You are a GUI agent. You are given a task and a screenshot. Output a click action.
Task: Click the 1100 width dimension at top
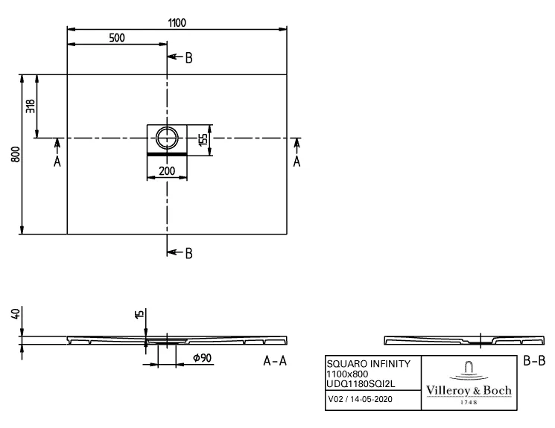176,22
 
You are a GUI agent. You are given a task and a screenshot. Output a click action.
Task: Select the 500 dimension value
116,39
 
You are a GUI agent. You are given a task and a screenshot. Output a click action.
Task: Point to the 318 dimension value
31,106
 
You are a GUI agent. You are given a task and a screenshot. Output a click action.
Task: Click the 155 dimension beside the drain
202,138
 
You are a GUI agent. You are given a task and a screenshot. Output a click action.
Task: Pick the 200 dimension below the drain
166,171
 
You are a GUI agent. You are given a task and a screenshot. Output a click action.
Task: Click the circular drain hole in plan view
167,138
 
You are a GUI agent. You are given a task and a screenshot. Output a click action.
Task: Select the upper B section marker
188,58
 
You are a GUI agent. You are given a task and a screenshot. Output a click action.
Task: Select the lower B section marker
188,253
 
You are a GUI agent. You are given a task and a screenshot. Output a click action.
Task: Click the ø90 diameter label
203,359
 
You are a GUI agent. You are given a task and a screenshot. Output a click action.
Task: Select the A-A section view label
275,361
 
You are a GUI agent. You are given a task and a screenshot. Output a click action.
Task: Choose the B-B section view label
535,361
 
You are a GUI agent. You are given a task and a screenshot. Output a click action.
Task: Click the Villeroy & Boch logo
468,382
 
